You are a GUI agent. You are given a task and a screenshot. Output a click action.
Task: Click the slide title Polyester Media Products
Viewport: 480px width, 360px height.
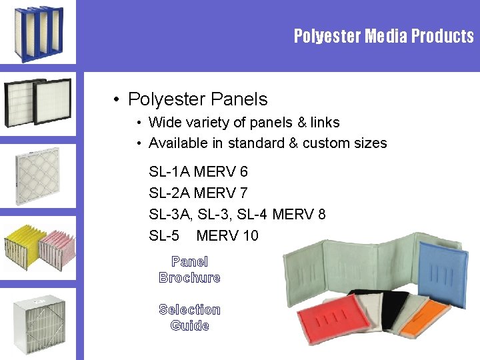(x=383, y=36)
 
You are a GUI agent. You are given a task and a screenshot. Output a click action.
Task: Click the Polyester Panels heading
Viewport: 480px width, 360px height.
(x=197, y=99)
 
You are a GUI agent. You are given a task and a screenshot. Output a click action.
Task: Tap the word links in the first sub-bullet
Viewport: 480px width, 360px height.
(x=325, y=123)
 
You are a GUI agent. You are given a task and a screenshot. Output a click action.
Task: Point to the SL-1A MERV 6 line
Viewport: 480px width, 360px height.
(x=199, y=172)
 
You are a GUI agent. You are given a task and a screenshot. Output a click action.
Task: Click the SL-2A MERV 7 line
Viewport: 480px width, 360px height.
(x=199, y=193)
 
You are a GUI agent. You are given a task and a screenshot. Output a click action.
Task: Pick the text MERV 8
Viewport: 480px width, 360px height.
(x=299, y=215)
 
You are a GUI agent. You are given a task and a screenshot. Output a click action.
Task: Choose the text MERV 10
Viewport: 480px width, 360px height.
(x=227, y=235)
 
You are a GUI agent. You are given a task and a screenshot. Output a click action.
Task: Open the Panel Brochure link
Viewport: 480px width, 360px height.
(x=189, y=270)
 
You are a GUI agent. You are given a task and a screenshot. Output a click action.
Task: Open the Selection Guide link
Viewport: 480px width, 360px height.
(x=189, y=317)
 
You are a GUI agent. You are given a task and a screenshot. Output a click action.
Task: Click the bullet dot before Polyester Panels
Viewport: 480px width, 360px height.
(x=116, y=100)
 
